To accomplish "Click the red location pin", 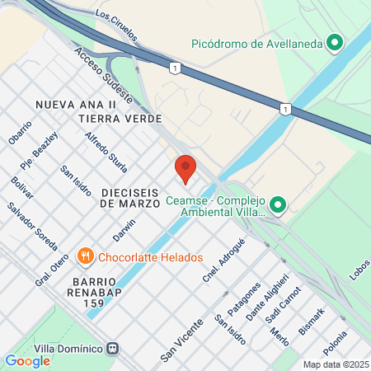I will [185, 168].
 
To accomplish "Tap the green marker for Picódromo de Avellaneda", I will [335, 43].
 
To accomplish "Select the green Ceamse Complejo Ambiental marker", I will [278, 205].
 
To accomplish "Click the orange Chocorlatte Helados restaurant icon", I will [84, 257].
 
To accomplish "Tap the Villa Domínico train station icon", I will [121, 348].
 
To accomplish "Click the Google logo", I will [27, 360].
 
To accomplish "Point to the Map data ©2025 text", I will [334, 364].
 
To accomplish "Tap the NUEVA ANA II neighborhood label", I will [75, 105].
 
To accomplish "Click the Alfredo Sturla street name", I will [103, 148].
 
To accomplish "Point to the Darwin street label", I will [124, 230].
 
